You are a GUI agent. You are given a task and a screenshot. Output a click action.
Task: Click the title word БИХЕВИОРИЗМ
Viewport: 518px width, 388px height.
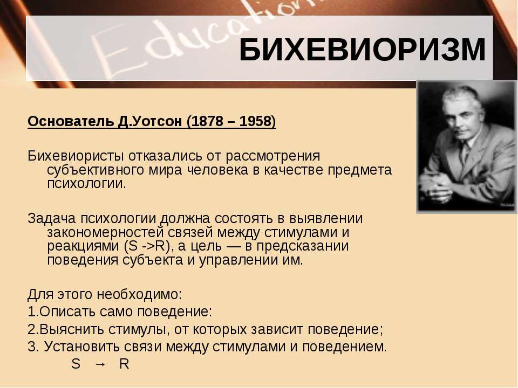[x=363, y=50]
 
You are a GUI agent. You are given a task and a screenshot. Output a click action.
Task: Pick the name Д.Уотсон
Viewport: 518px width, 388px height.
[x=150, y=121]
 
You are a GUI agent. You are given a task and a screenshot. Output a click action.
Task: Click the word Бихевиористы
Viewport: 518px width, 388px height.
[x=76, y=156]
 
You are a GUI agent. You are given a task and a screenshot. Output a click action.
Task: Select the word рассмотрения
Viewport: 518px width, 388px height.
[x=273, y=156]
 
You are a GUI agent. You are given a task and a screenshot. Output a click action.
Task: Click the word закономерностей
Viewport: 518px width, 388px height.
[x=105, y=232]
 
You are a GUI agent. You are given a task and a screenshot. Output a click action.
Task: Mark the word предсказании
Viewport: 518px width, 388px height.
[x=302, y=246]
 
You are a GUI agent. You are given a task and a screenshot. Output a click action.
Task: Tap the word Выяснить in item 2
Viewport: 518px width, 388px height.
[x=71, y=330]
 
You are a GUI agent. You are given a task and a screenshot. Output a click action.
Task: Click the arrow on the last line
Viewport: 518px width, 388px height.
[x=100, y=364]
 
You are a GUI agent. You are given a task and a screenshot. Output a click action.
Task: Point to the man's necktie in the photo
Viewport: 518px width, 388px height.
[x=465, y=153]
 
